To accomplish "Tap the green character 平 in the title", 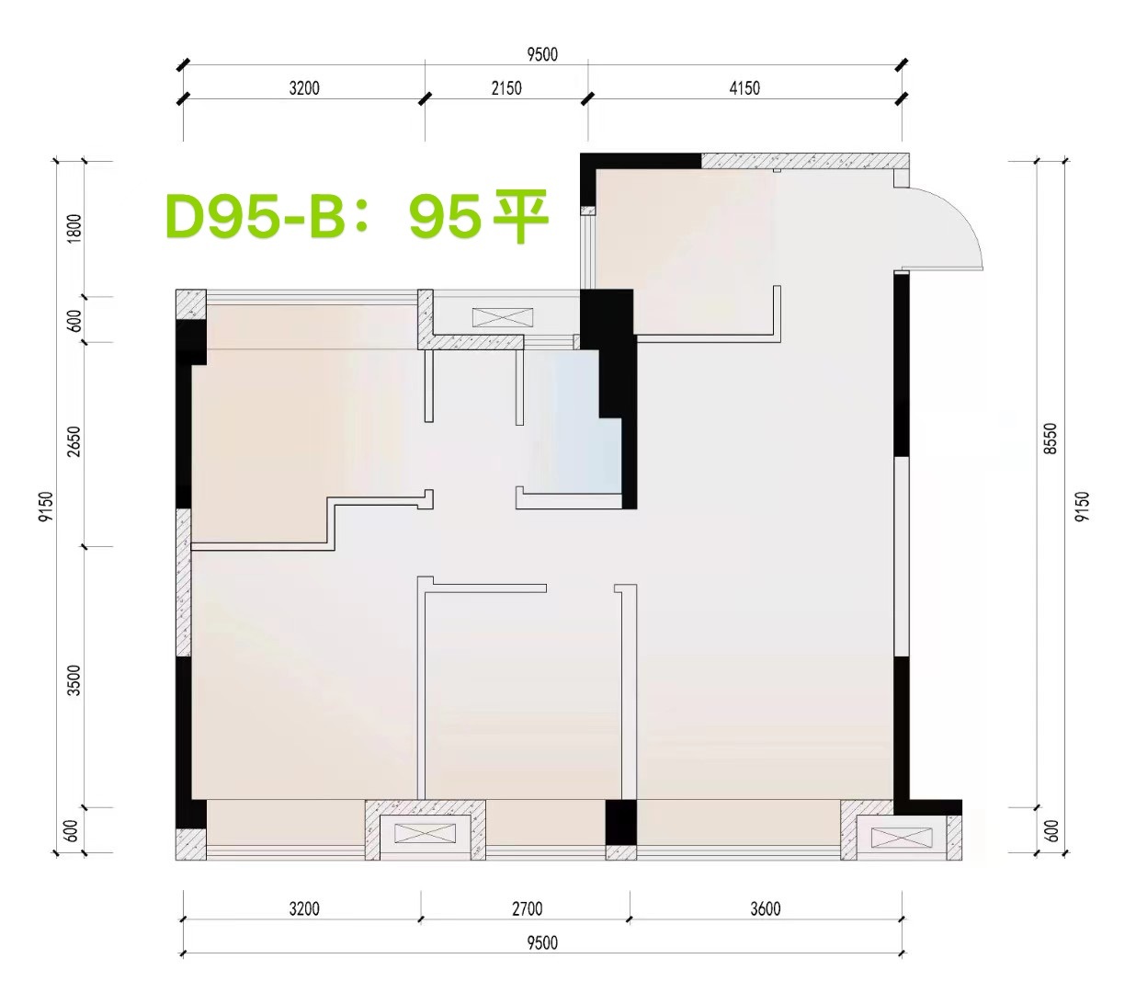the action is click(x=521, y=217).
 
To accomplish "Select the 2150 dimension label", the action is click(x=506, y=87).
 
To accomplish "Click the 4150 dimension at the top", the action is click(x=744, y=87).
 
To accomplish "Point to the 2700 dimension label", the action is click(x=527, y=908).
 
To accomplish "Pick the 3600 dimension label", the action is click(x=765, y=908).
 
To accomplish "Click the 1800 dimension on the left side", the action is click(x=74, y=228).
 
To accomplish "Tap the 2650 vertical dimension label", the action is click(x=74, y=441).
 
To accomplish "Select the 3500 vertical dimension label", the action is click(x=74, y=680).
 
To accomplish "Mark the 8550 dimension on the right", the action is click(x=1050, y=439).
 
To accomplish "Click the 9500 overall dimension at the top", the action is click(x=542, y=54).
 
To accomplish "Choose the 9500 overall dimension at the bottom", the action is click(x=542, y=942).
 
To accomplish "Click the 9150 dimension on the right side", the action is click(x=1082, y=507).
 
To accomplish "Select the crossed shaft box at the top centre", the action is click(x=503, y=317).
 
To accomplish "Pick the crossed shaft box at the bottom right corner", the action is click(x=901, y=838).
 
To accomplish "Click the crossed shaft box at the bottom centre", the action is click(x=425, y=833).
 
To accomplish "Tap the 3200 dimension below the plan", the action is click(x=304, y=908).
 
